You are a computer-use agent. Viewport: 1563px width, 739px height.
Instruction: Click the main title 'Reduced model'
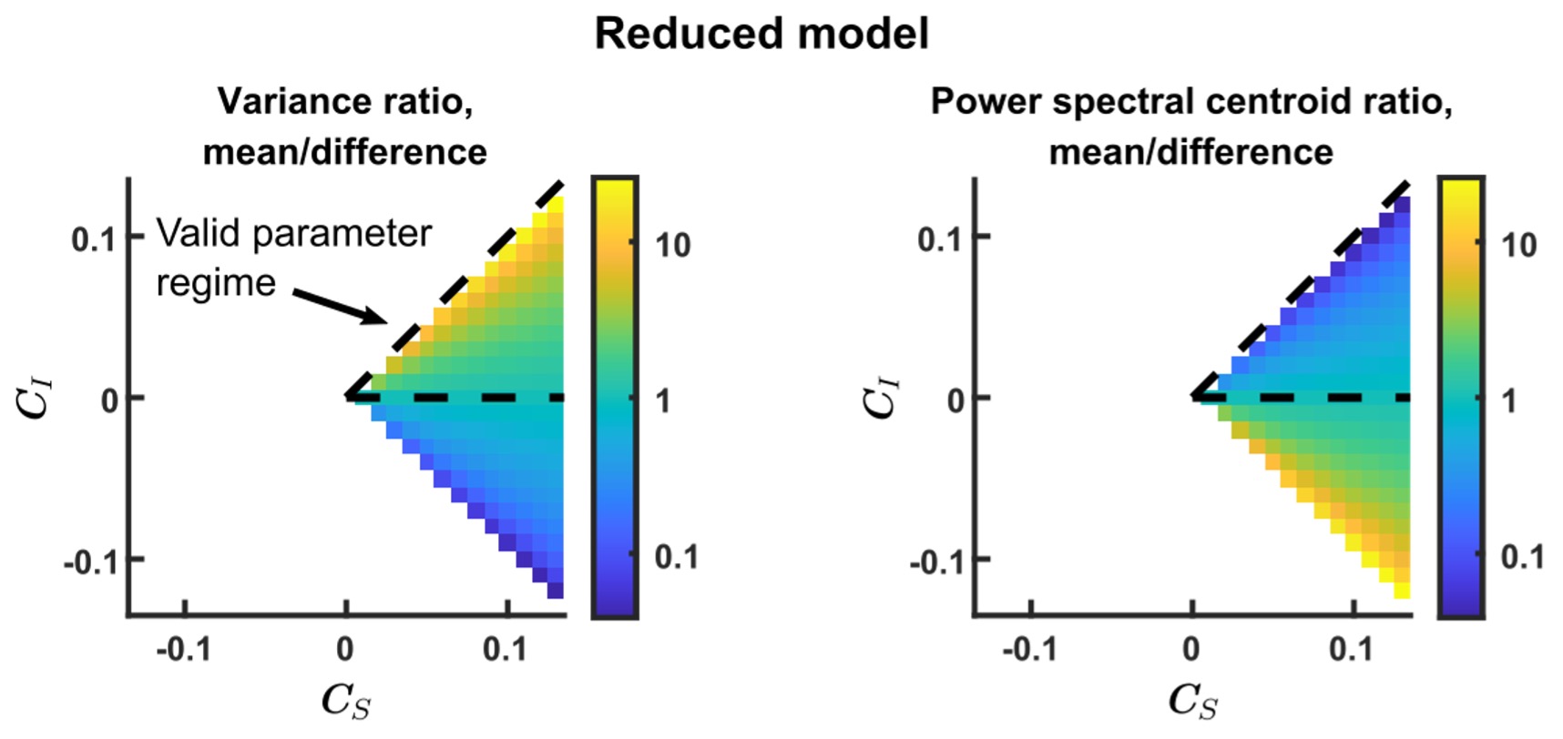click(761, 35)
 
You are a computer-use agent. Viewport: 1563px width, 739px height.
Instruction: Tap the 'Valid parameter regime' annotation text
click(292, 258)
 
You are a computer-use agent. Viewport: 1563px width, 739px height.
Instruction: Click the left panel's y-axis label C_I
click(37, 398)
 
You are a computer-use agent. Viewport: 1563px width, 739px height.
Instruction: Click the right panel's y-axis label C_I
click(883, 398)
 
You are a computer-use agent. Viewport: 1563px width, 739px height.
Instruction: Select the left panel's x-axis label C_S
click(346, 701)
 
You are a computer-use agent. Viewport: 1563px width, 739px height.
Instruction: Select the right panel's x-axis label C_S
click(1192, 701)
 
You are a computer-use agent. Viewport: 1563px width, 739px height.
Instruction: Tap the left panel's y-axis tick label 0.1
click(95, 239)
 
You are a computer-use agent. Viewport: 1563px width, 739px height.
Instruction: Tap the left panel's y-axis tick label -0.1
click(90, 561)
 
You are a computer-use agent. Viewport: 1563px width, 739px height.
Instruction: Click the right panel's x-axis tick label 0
click(1190, 650)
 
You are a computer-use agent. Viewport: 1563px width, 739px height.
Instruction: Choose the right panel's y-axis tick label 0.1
click(941, 239)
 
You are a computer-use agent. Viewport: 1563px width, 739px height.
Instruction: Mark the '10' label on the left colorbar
click(673, 245)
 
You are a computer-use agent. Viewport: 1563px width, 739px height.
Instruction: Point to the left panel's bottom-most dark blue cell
click(556, 591)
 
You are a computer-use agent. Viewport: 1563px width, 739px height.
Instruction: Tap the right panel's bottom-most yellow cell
click(1402, 591)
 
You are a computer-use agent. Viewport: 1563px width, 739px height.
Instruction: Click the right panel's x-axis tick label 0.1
click(1352, 650)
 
